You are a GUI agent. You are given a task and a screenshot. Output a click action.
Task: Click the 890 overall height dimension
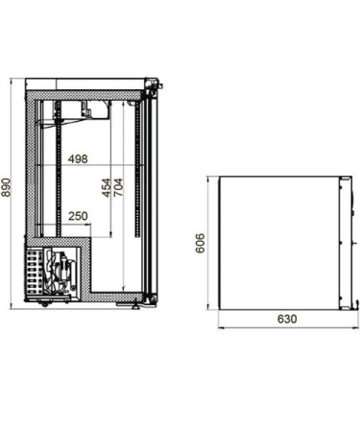pyautogui.click(x=7, y=187)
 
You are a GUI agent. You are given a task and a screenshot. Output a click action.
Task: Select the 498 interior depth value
pyautogui.click(x=78, y=158)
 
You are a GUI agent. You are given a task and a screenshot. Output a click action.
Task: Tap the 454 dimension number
pyautogui.click(x=107, y=188)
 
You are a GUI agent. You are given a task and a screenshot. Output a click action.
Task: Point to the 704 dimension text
pyautogui.click(x=117, y=187)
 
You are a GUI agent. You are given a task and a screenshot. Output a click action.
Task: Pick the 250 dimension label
pyautogui.click(x=78, y=216)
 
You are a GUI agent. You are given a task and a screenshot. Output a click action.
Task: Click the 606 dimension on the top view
pyautogui.click(x=200, y=243)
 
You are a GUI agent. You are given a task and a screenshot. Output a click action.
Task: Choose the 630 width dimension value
pyautogui.click(x=287, y=319)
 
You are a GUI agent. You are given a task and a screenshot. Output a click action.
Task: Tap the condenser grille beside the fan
pyautogui.click(x=34, y=272)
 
